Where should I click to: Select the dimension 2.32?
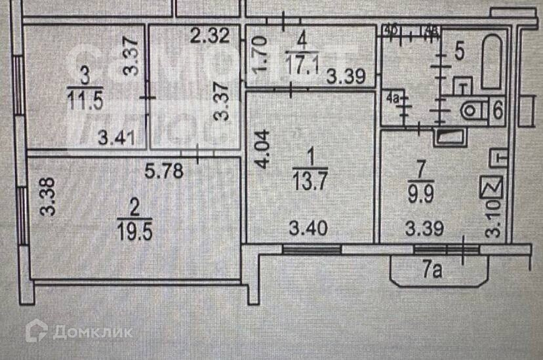click(209, 37)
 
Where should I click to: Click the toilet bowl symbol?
click(472, 110)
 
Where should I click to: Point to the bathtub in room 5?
click(493, 63)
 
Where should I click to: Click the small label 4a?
click(393, 100)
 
